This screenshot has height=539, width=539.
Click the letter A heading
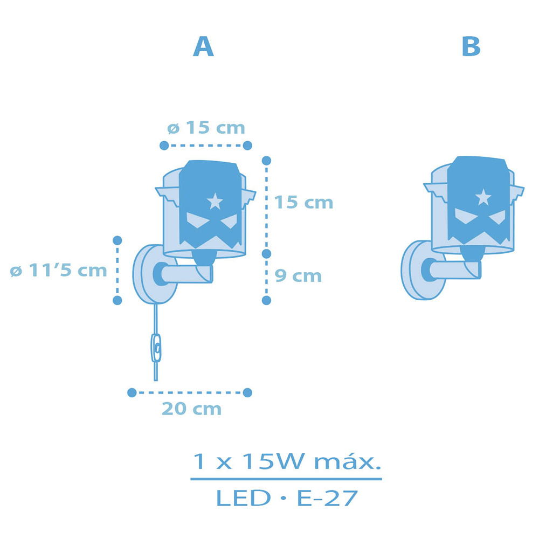[x=203, y=46]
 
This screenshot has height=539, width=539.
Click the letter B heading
[x=471, y=46]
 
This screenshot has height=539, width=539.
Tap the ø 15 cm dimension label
[x=206, y=128]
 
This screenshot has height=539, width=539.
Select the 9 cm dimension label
[x=298, y=275]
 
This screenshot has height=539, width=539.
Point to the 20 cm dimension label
[x=191, y=409]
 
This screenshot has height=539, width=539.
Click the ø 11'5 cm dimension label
[x=58, y=270]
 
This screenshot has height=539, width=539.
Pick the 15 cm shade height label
[x=304, y=202]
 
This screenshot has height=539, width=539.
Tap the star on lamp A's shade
[x=215, y=201]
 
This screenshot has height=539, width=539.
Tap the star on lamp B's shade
[x=483, y=197]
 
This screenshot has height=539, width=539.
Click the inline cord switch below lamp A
[x=156, y=348]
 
